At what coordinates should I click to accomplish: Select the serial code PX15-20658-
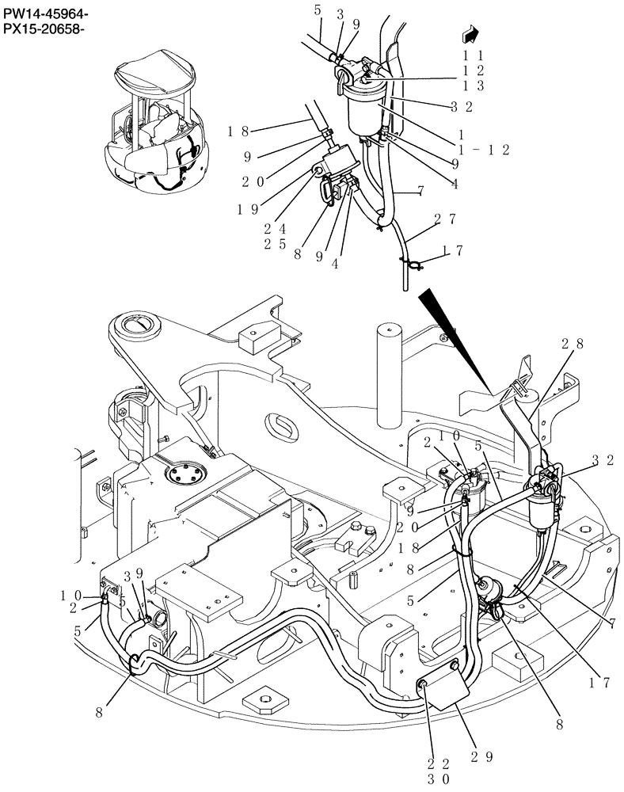click(x=44, y=30)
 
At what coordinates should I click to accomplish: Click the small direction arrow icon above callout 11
click(x=471, y=34)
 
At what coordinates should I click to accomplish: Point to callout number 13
click(x=474, y=85)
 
